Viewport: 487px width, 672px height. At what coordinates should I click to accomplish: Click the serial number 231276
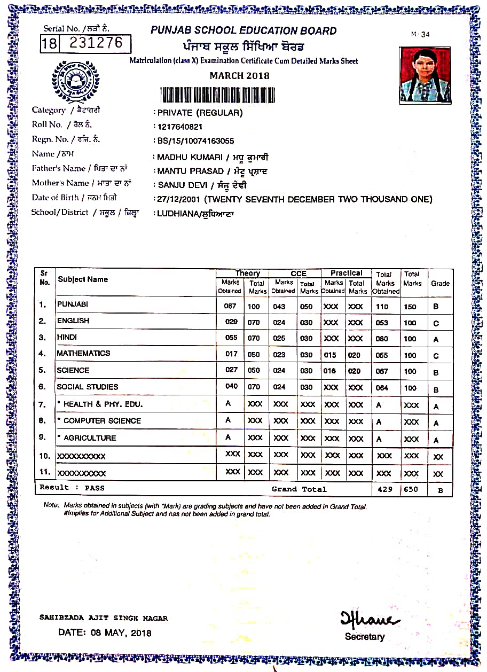click(x=96, y=43)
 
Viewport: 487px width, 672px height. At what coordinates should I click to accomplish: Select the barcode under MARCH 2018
click(x=218, y=95)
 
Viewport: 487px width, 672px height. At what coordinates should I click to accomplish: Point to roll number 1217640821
click(x=180, y=127)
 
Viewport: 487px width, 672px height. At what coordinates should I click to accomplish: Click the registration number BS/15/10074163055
click(x=195, y=141)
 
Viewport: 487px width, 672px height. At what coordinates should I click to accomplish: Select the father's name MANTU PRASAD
click(x=191, y=171)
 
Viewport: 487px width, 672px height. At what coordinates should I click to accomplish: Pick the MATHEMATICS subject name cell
click(x=84, y=354)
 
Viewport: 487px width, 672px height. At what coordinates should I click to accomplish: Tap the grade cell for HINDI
click(x=436, y=339)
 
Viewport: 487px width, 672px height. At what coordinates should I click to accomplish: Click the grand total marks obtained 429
click(x=384, y=489)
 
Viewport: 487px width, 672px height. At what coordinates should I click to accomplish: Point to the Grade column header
click(x=440, y=284)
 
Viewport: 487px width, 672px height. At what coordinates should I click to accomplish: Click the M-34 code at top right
click(x=420, y=35)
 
